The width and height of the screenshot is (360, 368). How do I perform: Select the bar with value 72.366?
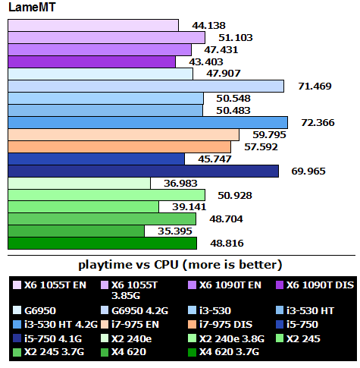[148, 122]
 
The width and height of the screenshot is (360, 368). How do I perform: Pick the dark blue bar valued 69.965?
[143, 171]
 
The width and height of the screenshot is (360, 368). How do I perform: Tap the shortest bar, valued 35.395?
[76, 231]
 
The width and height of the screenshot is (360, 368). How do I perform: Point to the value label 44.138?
[200, 25]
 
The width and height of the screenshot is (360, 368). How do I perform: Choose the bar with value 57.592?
[119, 146]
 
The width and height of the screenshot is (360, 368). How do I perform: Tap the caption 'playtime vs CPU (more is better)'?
[180, 265]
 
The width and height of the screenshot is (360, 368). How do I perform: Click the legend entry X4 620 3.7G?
[232, 352]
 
